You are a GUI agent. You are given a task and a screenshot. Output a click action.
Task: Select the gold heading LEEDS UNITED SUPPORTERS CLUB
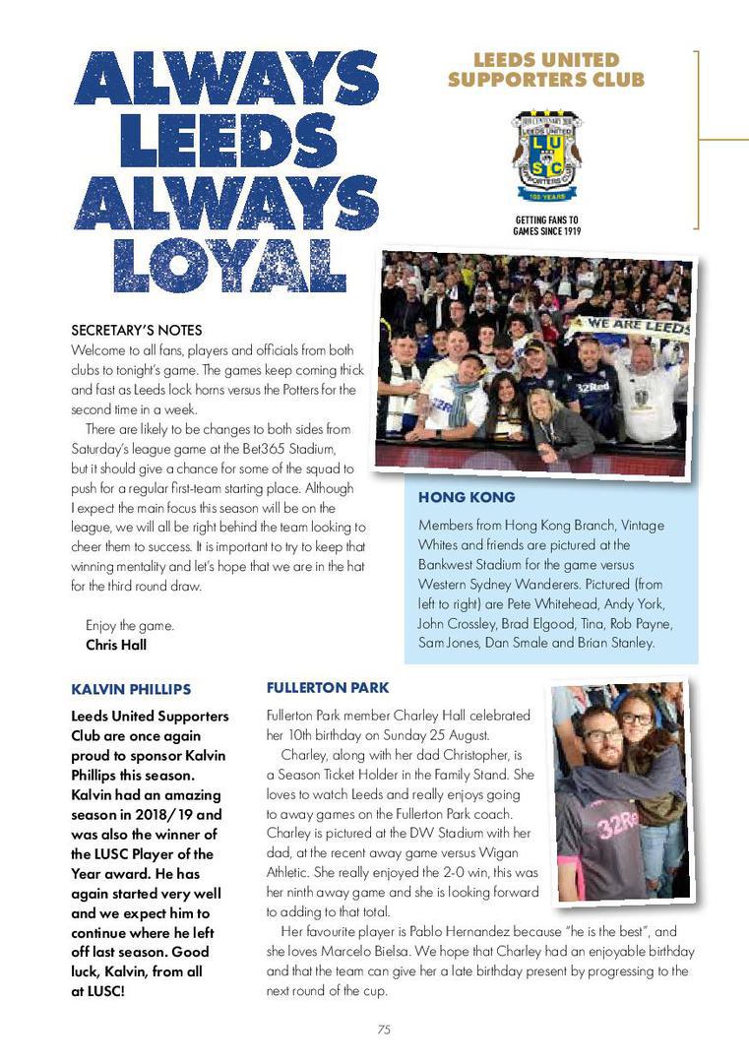(x=545, y=70)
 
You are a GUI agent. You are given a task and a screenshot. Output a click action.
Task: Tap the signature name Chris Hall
(x=116, y=646)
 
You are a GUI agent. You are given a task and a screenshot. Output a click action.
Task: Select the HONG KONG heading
(x=466, y=498)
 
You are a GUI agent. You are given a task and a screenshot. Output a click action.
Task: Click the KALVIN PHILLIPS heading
(x=131, y=689)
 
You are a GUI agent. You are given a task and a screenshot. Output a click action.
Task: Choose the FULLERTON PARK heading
(x=328, y=687)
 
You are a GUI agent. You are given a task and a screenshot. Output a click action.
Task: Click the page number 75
(x=384, y=1031)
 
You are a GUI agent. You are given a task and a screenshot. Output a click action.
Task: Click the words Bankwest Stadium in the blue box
(x=471, y=563)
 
